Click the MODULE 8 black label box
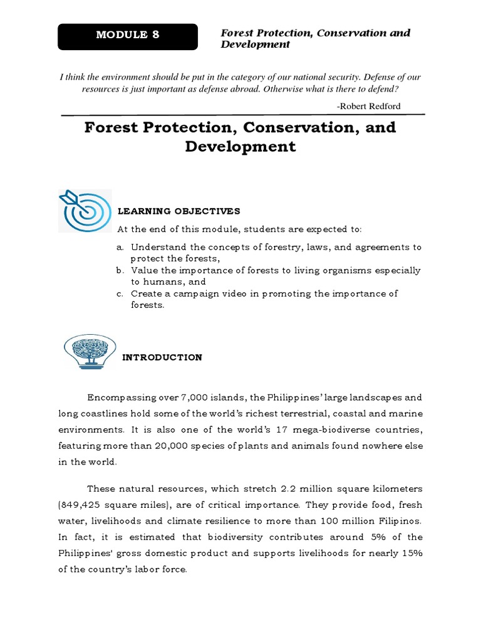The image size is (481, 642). pos(128,36)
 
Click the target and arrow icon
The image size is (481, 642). pos(85,211)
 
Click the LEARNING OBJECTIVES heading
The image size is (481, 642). pos(179,211)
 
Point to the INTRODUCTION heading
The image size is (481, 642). pos(162,357)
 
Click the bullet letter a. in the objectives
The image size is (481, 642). pos(120,247)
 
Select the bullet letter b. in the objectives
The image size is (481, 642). pos(120,270)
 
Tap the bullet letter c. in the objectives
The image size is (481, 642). pos(120,293)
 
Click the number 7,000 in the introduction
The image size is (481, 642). pos(195,397)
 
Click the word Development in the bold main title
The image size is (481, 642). pos(240,147)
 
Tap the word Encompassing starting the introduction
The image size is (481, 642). pos(122,397)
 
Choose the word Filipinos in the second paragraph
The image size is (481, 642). pos(400,521)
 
